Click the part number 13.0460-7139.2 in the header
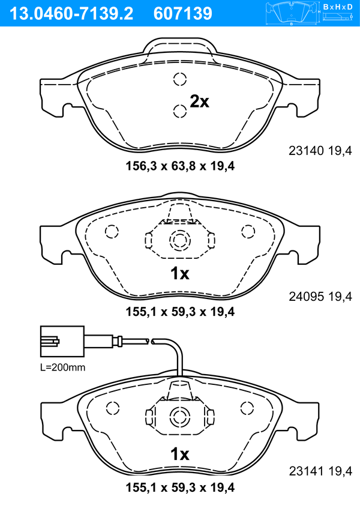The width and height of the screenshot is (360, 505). [71, 14]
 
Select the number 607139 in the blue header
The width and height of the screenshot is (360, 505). [183, 14]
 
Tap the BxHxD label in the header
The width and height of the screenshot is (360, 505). [338, 7]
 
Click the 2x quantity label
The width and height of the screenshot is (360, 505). [199, 101]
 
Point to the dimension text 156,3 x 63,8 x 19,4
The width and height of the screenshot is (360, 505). [180, 166]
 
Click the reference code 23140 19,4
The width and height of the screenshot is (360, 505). [320, 151]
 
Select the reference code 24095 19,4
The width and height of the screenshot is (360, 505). [320, 296]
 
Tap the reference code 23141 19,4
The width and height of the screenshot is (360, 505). [320, 471]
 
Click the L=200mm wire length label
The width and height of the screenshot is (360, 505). [63, 367]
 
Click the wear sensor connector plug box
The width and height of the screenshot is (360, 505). [62, 342]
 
